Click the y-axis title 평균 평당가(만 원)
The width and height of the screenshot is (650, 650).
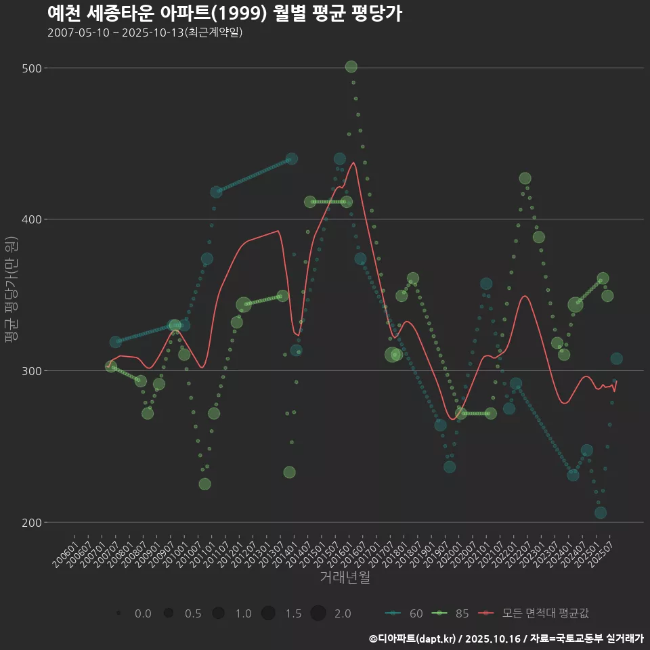tap(12, 291)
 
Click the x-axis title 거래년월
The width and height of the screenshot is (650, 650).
tap(345, 578)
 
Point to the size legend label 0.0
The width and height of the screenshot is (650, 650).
tap(143, 613)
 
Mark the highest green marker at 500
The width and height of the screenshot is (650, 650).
tap(351, 66)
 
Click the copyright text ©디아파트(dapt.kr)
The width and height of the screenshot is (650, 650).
tap(413, 638)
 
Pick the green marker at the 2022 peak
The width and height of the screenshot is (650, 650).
tap(525, 179)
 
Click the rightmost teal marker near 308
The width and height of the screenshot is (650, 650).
tap(616, 359)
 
